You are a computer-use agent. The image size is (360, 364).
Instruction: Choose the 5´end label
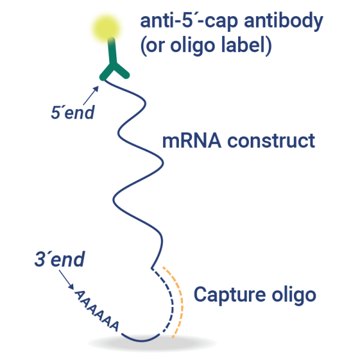(x=73, y=113)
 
